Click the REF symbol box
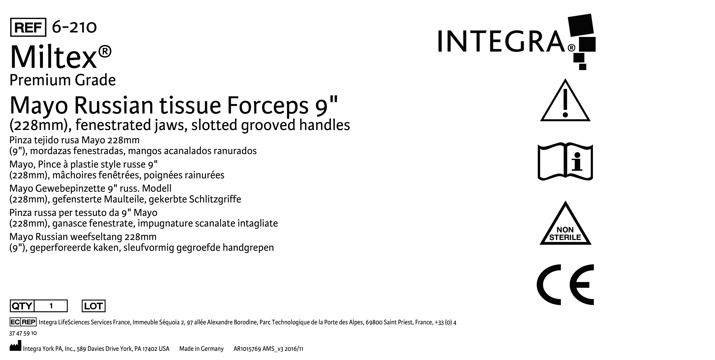pyautogui.click(x=28, y=27)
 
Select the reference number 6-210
pyautogui.click(x=74, y=27)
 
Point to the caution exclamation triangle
pyautogui.click(x=565, y=101)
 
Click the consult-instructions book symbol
pyautogui.click(x=565, y=162)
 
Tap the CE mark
pyautogui.click(x=565, y=285)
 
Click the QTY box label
pyautogui.click(x=22, y=306)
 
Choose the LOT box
pyautogui.click(x=94, y=306)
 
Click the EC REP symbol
pyautogui.click(x=23, y=322)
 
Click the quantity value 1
pyautogui.click(x=51, y=306)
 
